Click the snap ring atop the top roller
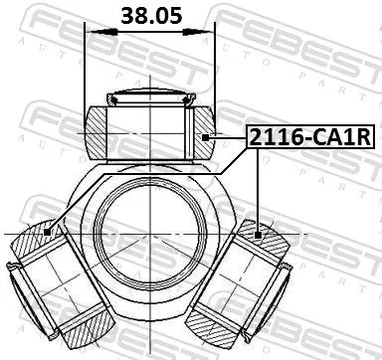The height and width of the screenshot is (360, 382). (x=150, y=97)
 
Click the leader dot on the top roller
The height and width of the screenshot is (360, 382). (x=203, y=139)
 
